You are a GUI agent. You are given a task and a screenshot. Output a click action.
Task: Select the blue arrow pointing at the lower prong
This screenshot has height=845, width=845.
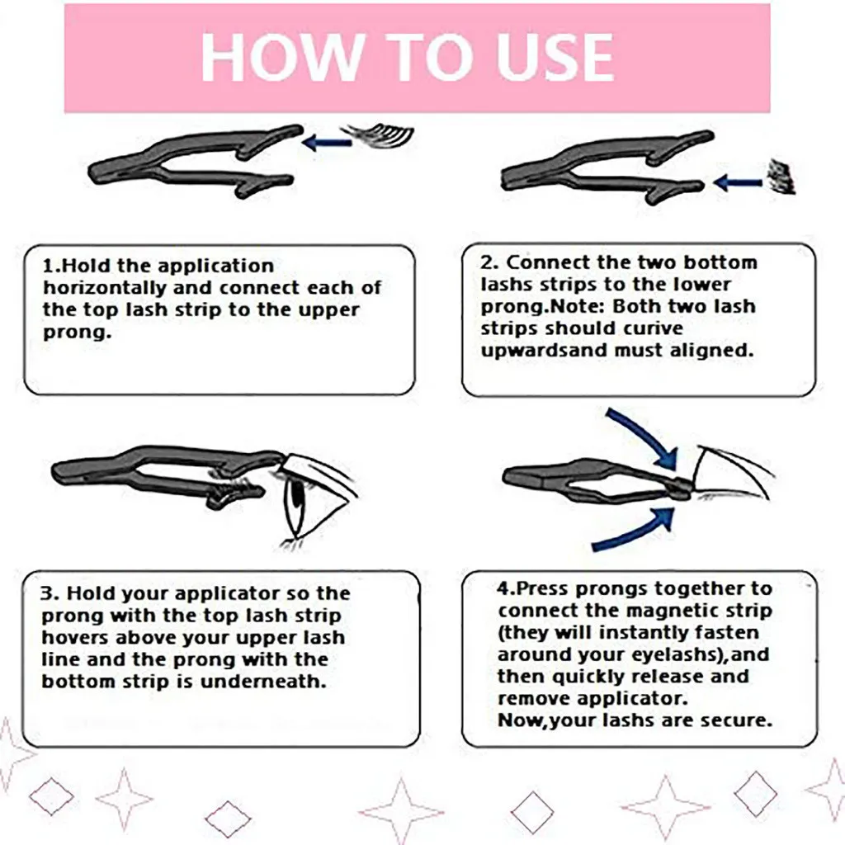point(737,182)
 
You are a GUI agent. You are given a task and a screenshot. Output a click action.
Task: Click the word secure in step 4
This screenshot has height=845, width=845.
point(736,720)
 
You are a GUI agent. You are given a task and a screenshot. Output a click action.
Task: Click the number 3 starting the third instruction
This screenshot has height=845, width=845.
point(48,594)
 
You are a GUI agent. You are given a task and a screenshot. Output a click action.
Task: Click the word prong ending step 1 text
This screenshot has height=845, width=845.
point(71,333)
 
